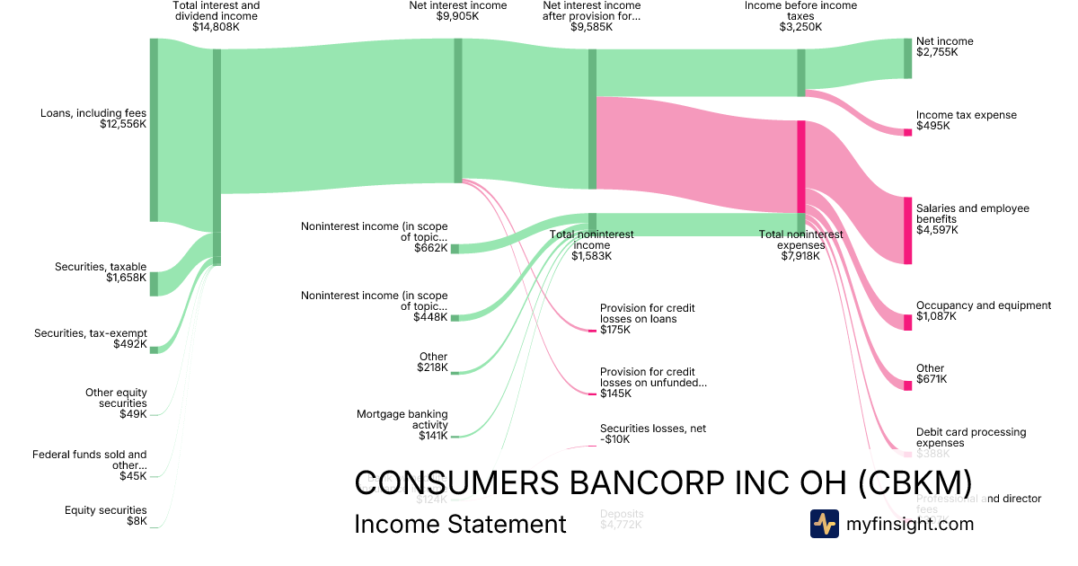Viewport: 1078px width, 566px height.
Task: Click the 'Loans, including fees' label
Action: click(93, 113)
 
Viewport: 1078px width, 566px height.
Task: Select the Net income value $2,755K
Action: click(937, 52)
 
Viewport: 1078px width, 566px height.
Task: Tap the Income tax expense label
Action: click(967, 115)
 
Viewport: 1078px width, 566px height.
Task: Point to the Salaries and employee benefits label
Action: click(972, 214)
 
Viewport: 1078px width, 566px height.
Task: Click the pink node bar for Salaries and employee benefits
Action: click(907, 230)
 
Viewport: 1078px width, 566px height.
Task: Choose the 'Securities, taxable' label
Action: click(101, 267)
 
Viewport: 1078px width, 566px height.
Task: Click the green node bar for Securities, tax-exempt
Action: click(154, 349)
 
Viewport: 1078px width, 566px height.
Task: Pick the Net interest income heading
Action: click(457, 5)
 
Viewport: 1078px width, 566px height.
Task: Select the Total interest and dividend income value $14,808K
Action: click(216, 27)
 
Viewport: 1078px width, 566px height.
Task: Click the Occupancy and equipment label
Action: click(983, 305)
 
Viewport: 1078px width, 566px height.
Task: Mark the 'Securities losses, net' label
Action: click(653, 429)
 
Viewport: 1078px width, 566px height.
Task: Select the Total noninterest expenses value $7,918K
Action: click(800, 256)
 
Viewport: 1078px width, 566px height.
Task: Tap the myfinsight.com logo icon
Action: click(824, 524)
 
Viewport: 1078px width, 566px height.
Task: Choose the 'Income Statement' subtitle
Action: click(460, 525)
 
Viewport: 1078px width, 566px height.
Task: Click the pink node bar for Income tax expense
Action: click(907, 132)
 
